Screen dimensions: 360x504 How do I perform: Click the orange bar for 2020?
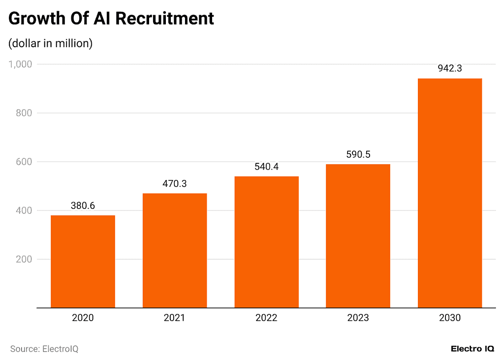pyautogui.click(x=83, y=261)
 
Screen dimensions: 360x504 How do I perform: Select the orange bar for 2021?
pyautogui.click(x=175, y=250)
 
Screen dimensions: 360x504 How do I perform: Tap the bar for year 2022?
pyautogui.click(x=266, y=242)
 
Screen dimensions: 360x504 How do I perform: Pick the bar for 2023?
pyautogui.click(x=358, y=236)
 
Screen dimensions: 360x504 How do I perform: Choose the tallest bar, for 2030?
pyautogui.click(x=450, y=193)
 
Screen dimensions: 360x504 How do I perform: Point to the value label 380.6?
pyautogui.click(x=83, y=206)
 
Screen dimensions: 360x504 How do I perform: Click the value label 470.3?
pyautogui.click(x=175, y=184)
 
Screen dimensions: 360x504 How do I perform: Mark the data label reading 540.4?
pyautogui.click(x=266, y=167)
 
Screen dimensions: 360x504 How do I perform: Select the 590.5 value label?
pyautogui.click(x=358, y=154)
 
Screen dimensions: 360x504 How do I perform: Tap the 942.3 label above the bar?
pyautogui.click(x=450, y=69)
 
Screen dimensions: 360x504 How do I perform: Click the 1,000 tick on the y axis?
pyautogui.click(x=20, y=64)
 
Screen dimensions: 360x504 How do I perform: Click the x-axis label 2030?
pyautogui.click(x=450, y=318)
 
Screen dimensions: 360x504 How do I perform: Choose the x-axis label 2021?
pyautogui.click(x=175, y=318)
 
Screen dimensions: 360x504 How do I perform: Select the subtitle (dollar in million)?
pyautogui.click(x=51, y=43)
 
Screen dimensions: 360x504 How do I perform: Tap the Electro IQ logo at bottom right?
pyautogui.click(x=472, y=349)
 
